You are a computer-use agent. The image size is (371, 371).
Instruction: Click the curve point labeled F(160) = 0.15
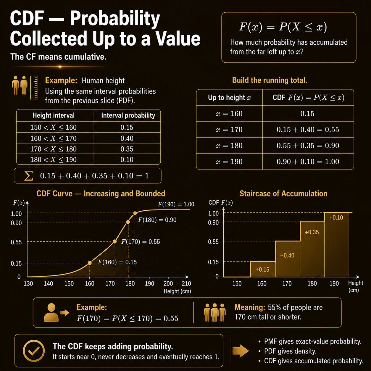pos(90,263)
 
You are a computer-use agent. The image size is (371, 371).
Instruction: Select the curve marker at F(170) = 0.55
pos(115,241)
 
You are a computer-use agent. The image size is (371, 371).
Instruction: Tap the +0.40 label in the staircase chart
pos(287,256)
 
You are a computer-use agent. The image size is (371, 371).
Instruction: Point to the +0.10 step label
pos(336,218)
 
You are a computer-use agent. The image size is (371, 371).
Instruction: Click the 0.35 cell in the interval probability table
pos(127,149)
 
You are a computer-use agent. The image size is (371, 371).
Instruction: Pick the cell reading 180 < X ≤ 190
pos(54,159)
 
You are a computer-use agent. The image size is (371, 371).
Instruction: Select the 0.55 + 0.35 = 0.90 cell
pos(308,146)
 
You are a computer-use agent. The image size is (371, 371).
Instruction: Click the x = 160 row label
pos(229,114)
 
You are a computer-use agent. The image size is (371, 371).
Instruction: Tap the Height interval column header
pos(54,115)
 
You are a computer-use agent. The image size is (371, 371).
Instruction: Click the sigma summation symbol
pos(28,176)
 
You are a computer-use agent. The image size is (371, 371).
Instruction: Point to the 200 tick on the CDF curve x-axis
pos(168,283)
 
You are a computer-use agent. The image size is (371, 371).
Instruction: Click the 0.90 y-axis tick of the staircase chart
pos(213,222)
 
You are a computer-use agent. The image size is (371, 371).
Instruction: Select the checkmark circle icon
pos(34,351)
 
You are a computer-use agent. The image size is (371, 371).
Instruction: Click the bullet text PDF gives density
pos(290,351)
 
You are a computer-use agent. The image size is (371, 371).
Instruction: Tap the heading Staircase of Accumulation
pos(283,193)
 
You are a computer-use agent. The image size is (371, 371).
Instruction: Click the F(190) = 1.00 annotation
pos(176,204)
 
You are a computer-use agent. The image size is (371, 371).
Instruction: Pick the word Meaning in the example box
pos(250,307)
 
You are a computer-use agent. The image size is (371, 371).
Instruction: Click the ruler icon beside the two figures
pos(34,88)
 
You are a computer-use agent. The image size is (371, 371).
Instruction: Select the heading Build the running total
pos(270,80)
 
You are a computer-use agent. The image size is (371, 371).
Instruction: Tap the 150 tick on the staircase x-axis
pos(237,283)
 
